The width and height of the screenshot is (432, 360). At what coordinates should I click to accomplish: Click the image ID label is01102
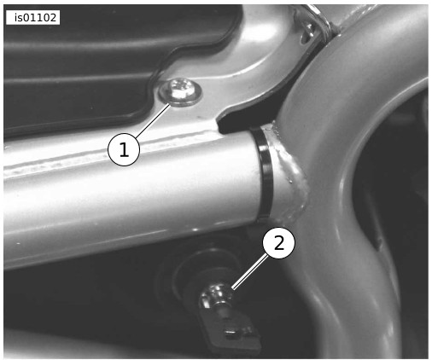tap(32, 18)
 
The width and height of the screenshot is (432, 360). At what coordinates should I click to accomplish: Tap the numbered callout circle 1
tap(124, 149)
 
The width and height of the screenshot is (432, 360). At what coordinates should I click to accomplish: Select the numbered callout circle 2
tap(278, 243)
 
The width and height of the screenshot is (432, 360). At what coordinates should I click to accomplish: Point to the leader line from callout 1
tap(154, 121)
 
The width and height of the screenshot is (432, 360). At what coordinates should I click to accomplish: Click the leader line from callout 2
tap(249, 272)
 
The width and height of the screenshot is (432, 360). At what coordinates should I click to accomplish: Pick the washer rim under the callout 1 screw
tap(180, 93)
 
